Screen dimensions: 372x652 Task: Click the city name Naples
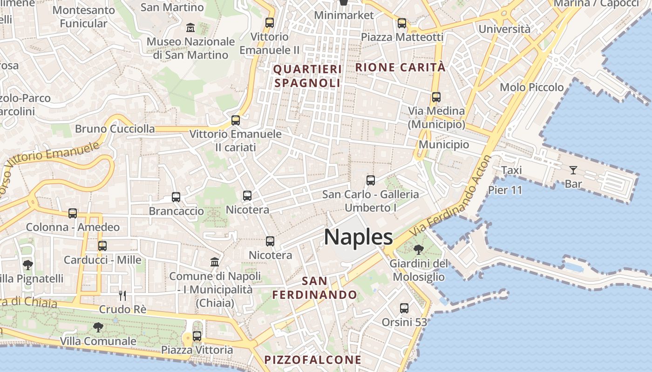click(358, 237)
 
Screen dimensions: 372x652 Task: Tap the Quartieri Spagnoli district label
click(307, 76)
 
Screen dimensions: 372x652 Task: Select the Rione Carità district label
click(401, 67)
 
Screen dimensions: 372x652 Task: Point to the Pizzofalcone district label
click(313, 359)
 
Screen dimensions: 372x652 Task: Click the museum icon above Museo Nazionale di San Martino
click(190, 28)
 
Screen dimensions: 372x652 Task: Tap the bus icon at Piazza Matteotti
click(402, 23)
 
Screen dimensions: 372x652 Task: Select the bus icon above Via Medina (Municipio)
click(436, 97)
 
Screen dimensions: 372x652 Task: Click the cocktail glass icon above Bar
click(573, 170)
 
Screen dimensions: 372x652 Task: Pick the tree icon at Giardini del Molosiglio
click(418, 250)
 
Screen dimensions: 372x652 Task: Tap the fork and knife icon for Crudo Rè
click(122, 295)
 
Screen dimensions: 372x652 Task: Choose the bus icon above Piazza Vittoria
click(197, 336)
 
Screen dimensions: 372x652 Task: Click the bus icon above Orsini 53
click(404, 308)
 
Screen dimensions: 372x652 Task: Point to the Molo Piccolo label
click(531, 87)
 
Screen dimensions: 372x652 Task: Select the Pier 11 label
click(505, 190)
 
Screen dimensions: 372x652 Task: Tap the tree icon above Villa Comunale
click(98, 327)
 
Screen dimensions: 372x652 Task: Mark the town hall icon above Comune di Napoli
click(215, 262)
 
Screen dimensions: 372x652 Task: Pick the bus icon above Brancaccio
click(176, 197)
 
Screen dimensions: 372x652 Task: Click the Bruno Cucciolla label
click(115, 129)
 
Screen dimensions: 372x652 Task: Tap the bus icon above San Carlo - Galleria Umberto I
click(371, 180)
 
